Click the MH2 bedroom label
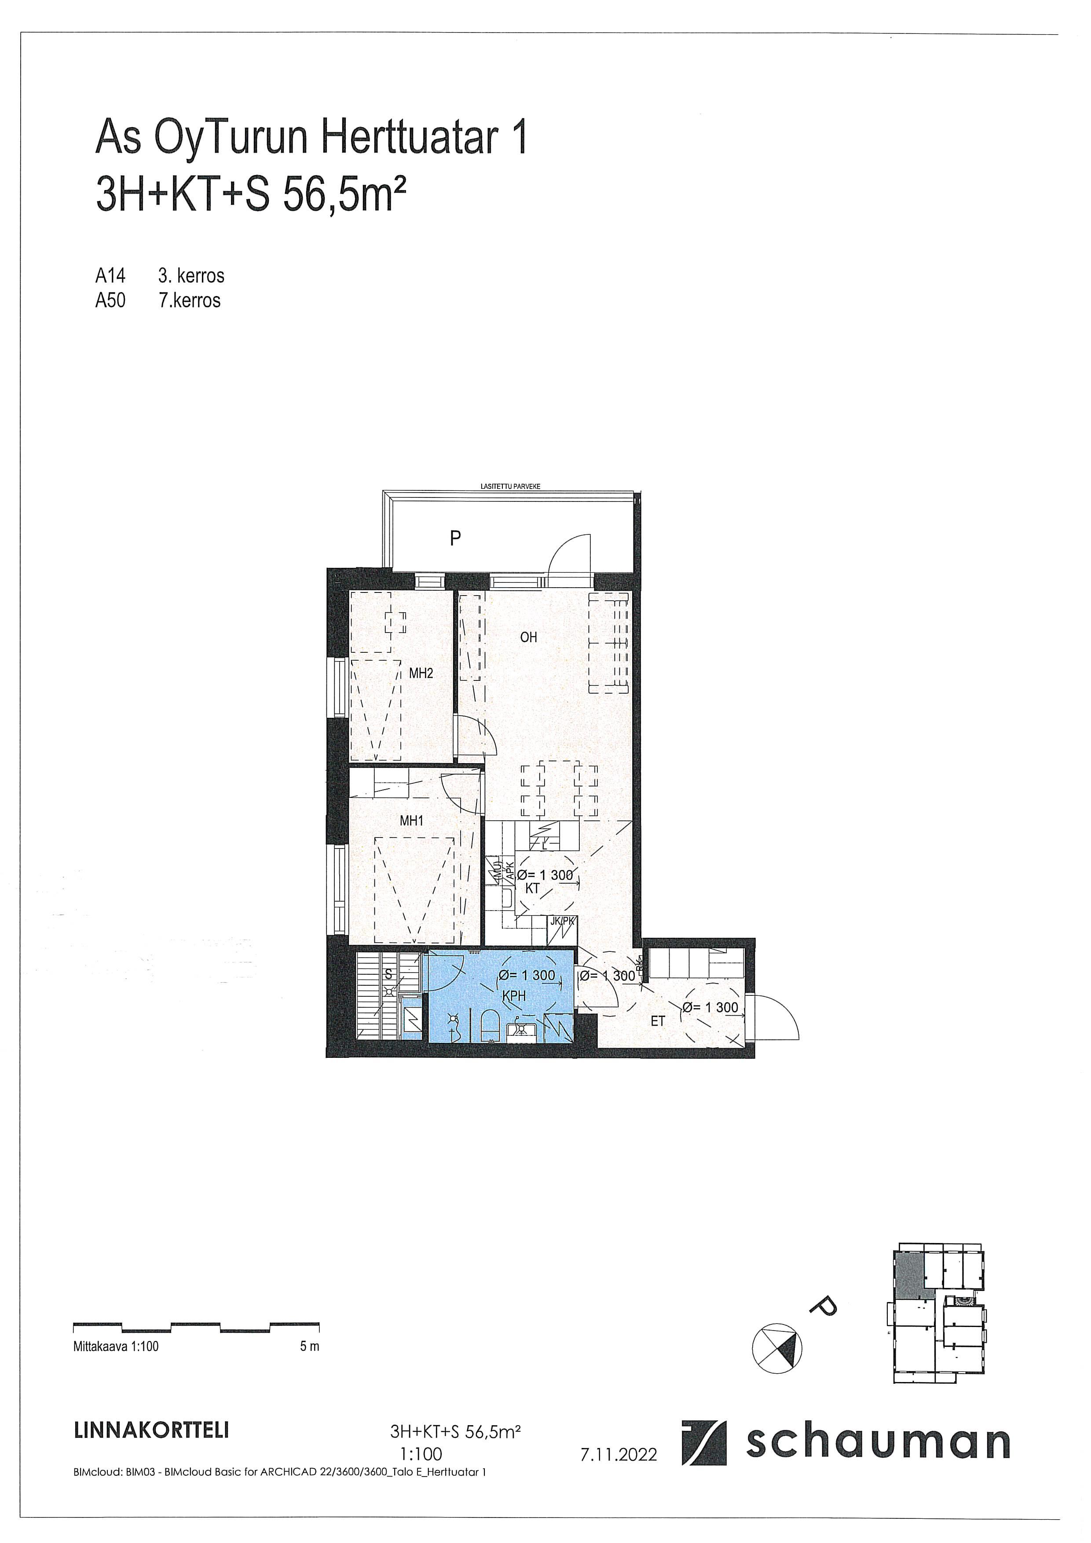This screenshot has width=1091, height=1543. click(421, 673)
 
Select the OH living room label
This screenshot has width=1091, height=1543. click(528, 637)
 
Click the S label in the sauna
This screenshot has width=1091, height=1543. click(388, 973)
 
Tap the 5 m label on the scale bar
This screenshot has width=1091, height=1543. click(310, 1346)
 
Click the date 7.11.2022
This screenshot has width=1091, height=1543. click(618, 1454)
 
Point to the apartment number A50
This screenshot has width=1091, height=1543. click(110, 300)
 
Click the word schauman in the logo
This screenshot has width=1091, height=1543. click(877, 1443)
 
